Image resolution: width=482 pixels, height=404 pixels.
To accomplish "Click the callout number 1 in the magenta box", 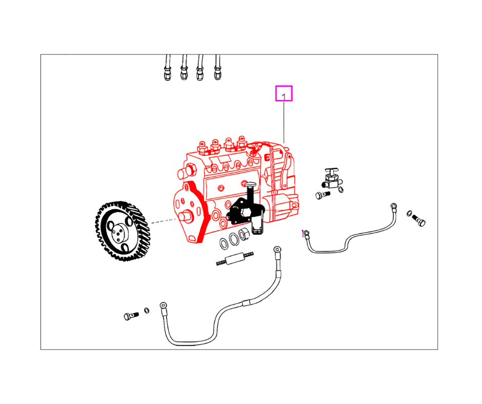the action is (x=284, y=94).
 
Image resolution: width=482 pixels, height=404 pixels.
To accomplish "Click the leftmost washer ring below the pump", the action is (x=224, y=241).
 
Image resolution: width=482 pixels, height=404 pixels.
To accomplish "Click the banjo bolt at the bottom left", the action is (x=130, y=315).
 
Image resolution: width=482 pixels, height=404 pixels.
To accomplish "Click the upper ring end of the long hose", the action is (x=277, y=250).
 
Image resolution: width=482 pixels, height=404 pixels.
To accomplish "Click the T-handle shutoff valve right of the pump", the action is (x=329, y=178).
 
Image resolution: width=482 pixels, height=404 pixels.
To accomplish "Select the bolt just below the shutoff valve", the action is (x=321, y=195).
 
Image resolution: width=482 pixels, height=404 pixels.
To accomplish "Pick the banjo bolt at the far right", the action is (x=419, y=221).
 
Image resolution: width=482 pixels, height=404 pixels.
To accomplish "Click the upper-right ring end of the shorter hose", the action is (x=393, y=206).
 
